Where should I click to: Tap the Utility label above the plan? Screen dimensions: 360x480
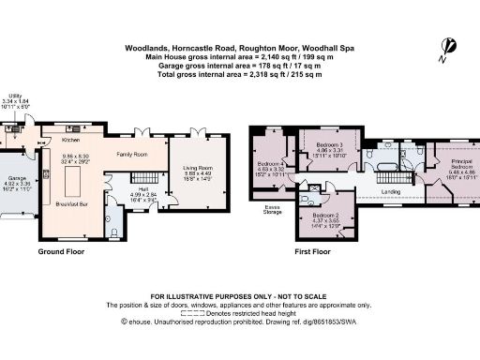click(15, 96)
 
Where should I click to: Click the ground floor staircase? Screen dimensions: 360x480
click(141, 177)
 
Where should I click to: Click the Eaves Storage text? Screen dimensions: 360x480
click(274, 208)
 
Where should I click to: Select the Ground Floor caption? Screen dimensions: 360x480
click(64, 252)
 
